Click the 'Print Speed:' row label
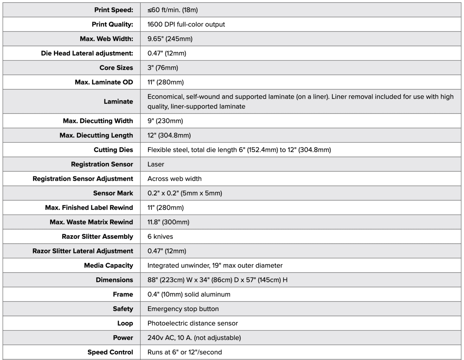tap(114, 10)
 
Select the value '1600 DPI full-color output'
tap(186, 24)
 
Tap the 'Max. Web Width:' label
tap(107, 39)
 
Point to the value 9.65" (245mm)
tap(170, 39)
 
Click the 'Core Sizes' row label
tap(116, 67)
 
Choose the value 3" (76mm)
tap(163, 67)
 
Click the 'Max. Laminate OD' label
tap(104, 82)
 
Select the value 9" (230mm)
tap(165, 121)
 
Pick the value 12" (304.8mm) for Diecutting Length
tap(169, 135)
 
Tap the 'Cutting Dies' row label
tap(113, 149)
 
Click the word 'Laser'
tap(156, 164)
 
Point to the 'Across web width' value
tap(174, 179)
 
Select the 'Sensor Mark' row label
tap(113, 193)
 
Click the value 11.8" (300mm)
tap(168, 222)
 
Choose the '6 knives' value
tap(160, 236)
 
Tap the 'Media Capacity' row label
tap(108, 265)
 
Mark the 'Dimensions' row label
tap(114, 280)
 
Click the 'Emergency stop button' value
tap(183, 309)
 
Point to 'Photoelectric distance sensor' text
tap(193, 323)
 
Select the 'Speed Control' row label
tap(110, 352)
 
